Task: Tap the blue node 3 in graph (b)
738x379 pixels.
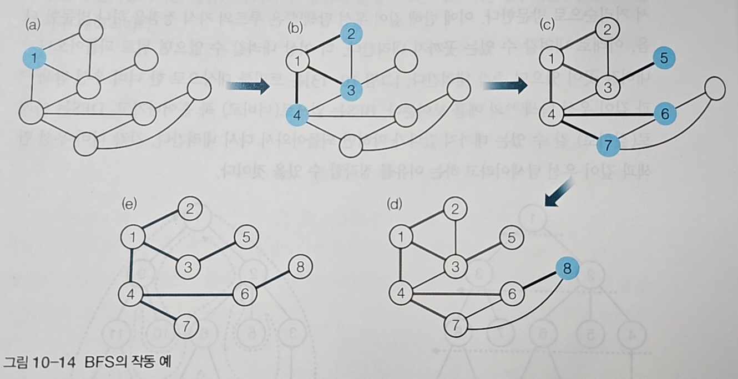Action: coord(351,88)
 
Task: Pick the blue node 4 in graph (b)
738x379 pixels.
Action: coord(298,116)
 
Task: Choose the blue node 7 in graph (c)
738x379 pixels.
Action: coord(609,146)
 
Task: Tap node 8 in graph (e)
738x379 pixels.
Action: coord(300,268)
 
